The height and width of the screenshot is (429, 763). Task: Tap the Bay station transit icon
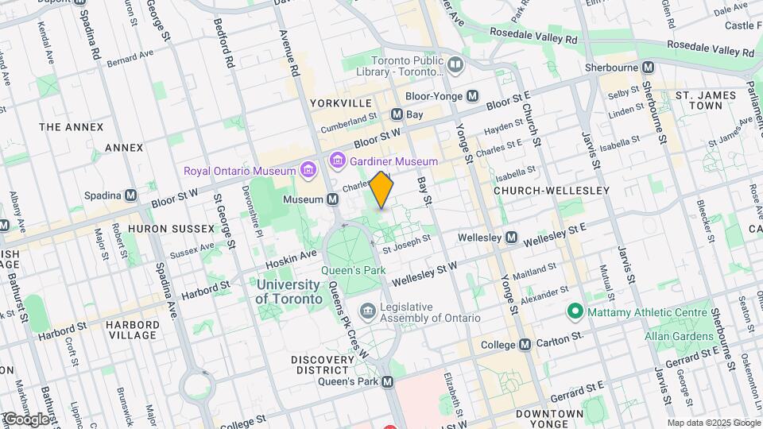pyautogui.click(x=397, y=114)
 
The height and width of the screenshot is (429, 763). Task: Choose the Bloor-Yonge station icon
pyautogui.click(x=473, y=95)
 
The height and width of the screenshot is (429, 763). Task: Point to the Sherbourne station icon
pyautogui.click(x=648, y=68)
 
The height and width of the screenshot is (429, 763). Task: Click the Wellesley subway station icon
pyautogui.click(x=512, y=238)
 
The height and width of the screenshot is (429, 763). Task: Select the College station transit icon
pyautogui.click(x=525, y=344)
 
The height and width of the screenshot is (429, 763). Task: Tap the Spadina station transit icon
pyautogui.click(x=135, y=195)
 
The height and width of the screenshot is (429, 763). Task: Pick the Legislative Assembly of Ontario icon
pyautogui.click(x=367, y=308)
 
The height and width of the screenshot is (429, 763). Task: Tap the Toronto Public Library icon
pyautogui.click(x=455, y=64)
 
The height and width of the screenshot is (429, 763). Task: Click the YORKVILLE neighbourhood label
pyautogui.click(x=341, y=103)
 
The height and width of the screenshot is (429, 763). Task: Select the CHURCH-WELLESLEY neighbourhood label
pyautogui.click(x=551, y=191)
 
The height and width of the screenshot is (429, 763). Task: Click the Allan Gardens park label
pyautogui.click(x=680, y=337)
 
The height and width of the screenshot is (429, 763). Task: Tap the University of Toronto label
pyautogui.click(x=289, y=291)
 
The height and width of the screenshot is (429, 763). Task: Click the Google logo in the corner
pyautogui.click(x=26, y=419)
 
